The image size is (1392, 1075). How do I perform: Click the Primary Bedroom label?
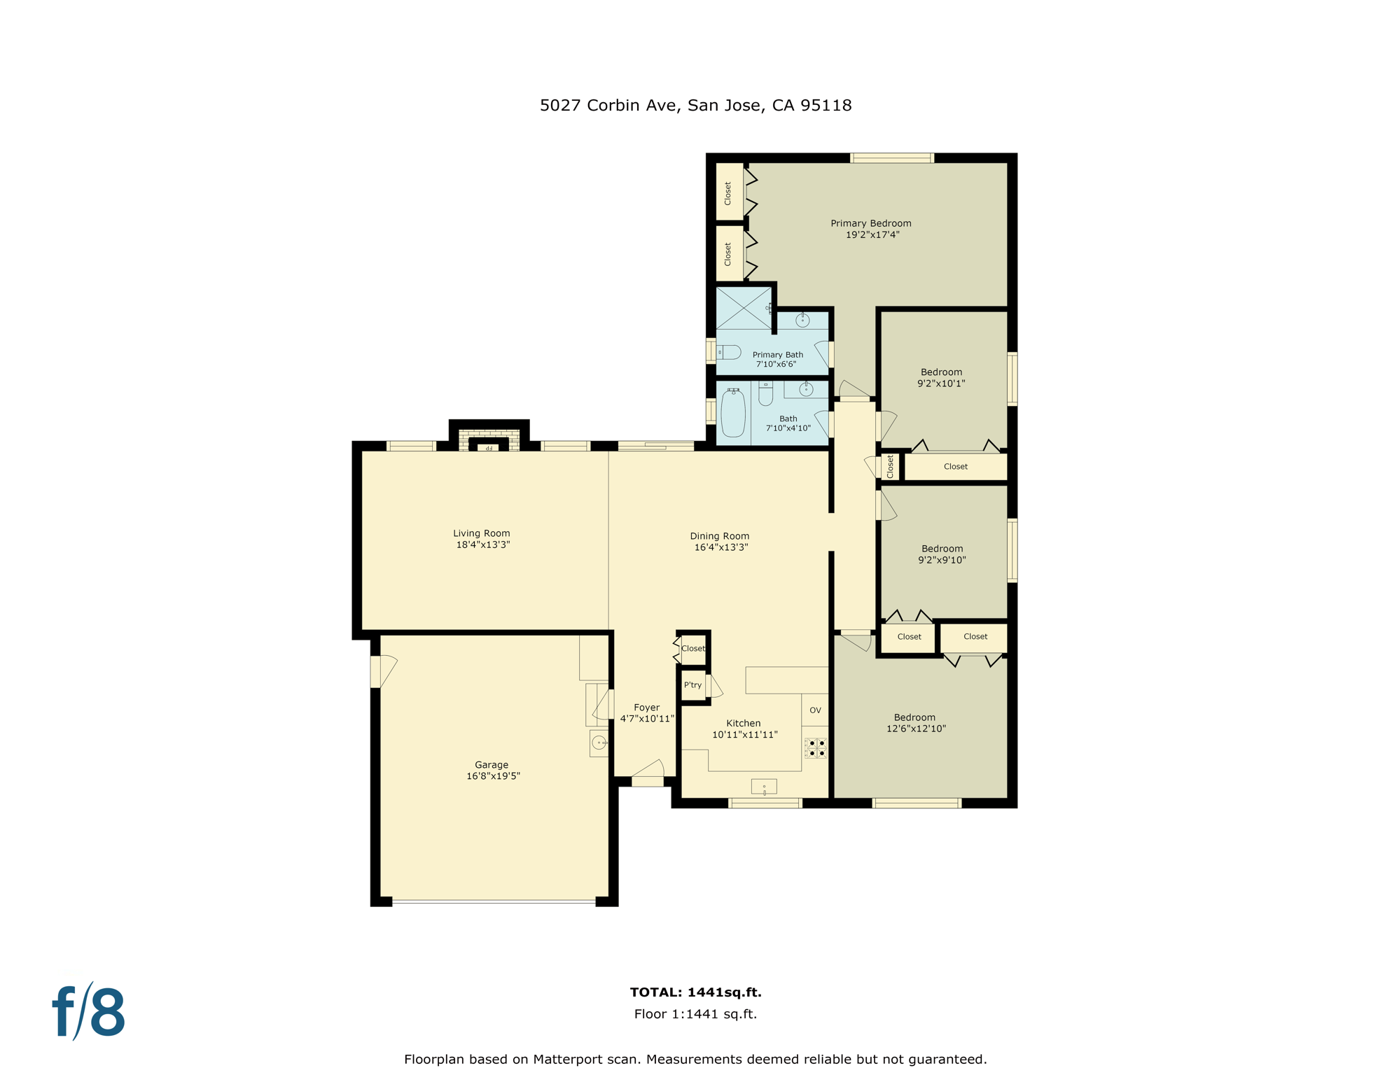[870, 223]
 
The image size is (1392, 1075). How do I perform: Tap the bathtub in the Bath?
[733, 413]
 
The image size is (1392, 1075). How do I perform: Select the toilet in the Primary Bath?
[729, 352]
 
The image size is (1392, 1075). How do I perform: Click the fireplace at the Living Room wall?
[489, 442]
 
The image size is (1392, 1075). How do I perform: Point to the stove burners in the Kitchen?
[816, 748]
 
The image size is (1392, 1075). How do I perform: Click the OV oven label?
[815, 710]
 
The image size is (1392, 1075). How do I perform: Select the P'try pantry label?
[692, 685]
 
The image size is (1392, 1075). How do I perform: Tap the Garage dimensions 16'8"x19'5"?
[493, 776]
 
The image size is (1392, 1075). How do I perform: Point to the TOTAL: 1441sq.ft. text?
[695, 992]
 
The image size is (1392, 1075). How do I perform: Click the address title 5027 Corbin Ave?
[695, 106]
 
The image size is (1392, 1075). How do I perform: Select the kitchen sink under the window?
[764, 787]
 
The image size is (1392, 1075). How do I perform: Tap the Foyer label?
[646, 708]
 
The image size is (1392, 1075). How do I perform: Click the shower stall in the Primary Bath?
[743, 308]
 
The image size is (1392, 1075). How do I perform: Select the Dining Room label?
[719, 536]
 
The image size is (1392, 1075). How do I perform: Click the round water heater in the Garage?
[599, 743]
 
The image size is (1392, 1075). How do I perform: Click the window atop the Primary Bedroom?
[891, 158]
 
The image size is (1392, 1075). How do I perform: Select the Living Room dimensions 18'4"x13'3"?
[482, 544]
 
